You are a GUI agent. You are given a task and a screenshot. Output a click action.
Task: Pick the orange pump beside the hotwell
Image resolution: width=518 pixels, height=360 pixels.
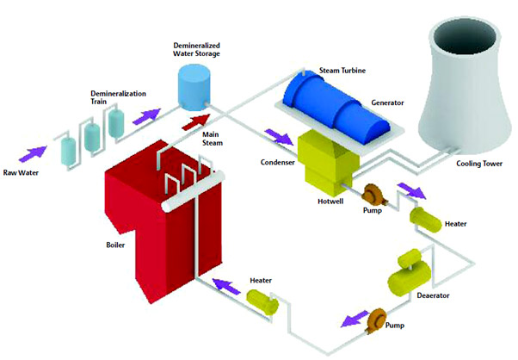373,195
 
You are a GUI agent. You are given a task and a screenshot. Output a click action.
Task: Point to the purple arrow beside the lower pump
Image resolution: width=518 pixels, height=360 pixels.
347,320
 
